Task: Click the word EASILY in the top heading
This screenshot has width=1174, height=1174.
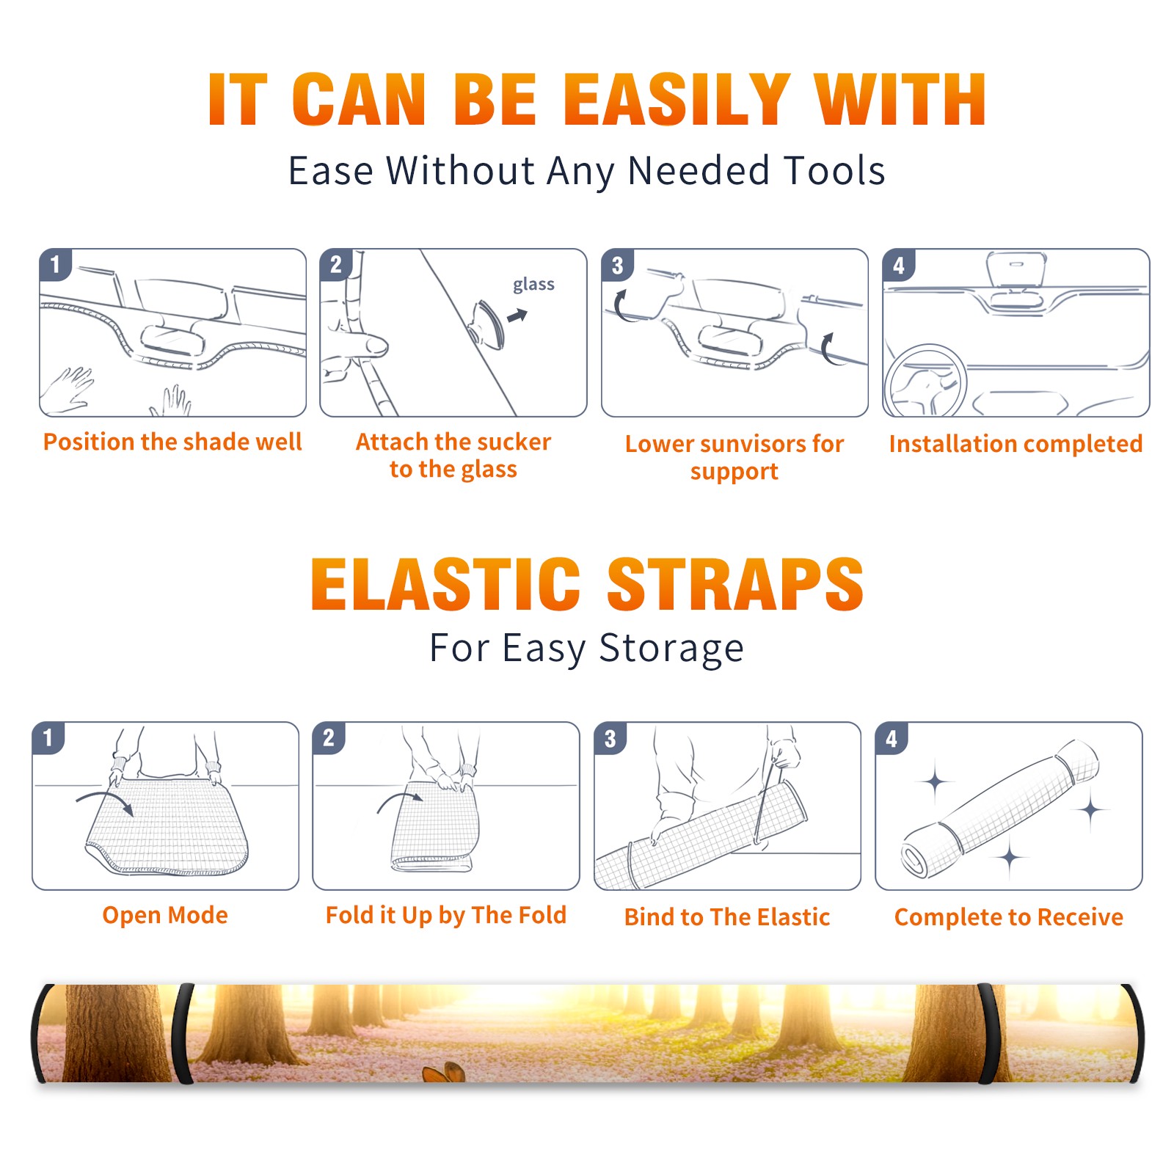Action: (x=677, y=100)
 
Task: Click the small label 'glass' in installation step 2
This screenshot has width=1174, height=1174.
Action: (x=533, y=285)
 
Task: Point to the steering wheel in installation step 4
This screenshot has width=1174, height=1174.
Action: (x=925, y=382)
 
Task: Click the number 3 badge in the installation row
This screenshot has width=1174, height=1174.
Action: (x=617, y=265)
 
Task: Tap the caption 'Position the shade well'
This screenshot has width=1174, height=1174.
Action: (x=172, y=442)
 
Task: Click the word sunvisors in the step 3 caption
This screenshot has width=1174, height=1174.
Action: (x=753, y=444)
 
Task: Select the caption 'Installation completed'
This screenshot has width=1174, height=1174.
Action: (x=1016, y=444)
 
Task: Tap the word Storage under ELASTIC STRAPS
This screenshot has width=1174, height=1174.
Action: (x=671, y=649)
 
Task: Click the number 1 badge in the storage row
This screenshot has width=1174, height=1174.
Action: (x=48, y=737)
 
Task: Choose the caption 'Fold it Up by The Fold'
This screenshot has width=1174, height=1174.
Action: (x=446, y=916)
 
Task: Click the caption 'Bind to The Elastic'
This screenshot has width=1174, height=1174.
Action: (x=727, y=917)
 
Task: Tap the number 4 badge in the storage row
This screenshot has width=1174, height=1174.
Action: (x=892, y=738)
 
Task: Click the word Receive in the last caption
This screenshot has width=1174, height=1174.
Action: (x=1080, y=917)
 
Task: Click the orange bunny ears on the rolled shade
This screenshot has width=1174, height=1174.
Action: (x=445, y=1072)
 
